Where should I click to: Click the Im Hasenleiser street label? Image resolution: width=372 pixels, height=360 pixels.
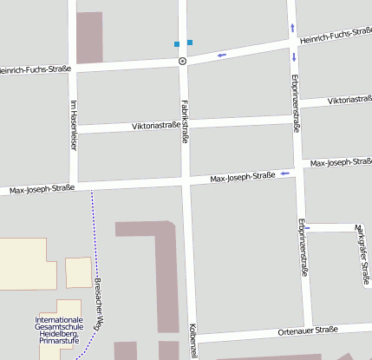[73, 125]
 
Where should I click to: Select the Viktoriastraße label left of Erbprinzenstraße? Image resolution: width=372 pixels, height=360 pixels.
[157, 126]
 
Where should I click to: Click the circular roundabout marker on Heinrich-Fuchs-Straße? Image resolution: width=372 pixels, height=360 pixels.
[182, 62]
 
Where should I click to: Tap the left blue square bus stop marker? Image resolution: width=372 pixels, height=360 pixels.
[177, 43]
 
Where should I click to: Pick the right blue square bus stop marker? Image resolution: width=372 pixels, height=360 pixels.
[190, 42]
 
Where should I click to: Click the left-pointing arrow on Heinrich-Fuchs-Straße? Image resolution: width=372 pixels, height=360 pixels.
[222, 56]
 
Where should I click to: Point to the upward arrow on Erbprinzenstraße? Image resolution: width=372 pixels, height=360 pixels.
[292, 28]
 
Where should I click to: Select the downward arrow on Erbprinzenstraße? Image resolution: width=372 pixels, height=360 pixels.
[294, 57]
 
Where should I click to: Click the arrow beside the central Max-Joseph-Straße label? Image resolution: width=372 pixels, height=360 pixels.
[283, 174]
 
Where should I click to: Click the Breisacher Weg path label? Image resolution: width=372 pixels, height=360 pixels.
[98, 303]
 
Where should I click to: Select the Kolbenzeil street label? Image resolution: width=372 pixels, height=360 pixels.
[194, 341]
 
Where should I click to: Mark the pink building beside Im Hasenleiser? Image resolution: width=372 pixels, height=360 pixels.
[89, 37]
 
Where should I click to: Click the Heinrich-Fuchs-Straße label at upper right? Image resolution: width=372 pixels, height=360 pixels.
[335, 36]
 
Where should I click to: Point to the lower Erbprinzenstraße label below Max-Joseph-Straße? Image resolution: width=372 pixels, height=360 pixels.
[303, 246]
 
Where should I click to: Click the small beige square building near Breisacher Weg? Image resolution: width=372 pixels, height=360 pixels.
[78, 272]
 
